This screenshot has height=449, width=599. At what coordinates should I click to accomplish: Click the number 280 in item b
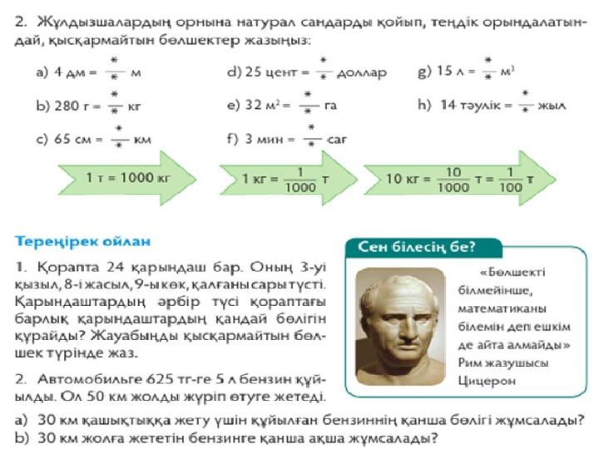pos(67,106)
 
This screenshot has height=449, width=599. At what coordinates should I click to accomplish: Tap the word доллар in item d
pos(361,72)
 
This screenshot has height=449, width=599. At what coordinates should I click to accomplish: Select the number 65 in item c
pos(62,139)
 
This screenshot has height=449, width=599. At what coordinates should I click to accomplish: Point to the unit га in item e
pos(330,106)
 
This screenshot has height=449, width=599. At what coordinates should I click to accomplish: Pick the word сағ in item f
pos(337,140)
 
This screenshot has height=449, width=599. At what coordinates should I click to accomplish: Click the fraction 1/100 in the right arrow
pos(511,180)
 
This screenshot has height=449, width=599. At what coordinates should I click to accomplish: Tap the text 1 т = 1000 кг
pos(128,178)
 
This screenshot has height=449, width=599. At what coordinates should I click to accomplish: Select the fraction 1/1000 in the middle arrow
pos(300,180)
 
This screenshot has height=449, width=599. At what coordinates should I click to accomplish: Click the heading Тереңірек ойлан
pos(82,242)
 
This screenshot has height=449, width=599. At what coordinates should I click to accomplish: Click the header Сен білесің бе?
pos(417,247)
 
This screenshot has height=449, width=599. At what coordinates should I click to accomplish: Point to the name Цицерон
pos(487,381)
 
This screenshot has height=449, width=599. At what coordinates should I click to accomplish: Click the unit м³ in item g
pos(507,72)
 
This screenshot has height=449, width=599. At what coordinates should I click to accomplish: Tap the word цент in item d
pos(281,72)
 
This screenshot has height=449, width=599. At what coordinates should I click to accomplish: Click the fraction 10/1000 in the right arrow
pos(453,180)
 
